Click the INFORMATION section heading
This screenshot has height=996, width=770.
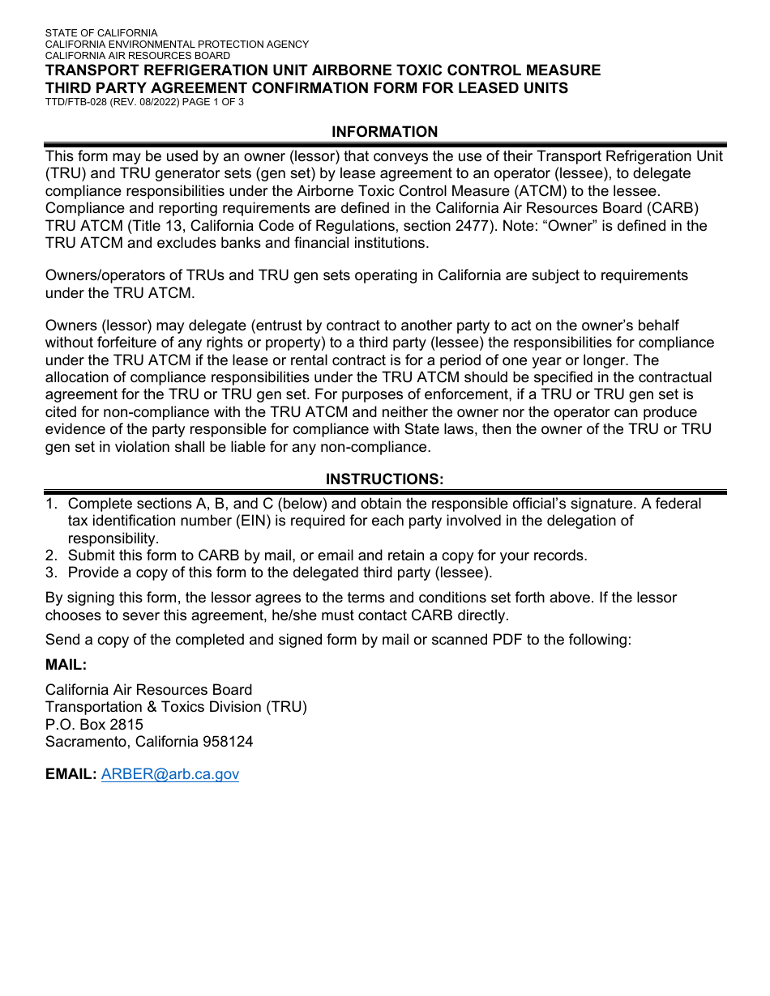pos(385,132)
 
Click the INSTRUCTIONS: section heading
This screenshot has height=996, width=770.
pos(385,479)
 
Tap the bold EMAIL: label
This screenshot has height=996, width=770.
pos(71,774)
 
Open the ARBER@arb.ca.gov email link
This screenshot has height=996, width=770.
pos(170,774)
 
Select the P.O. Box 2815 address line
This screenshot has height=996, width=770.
pos(94,724)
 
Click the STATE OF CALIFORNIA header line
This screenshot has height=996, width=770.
pos(101,33)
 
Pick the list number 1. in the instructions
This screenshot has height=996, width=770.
pos(51,504)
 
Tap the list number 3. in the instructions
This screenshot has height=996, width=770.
pos(51,573)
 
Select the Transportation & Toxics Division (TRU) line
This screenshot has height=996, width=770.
pos(176,706)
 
